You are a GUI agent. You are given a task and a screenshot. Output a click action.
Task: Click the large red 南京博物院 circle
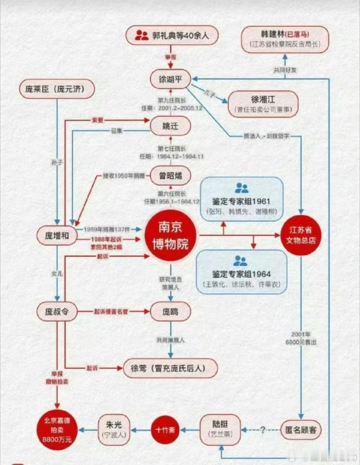(170, 236)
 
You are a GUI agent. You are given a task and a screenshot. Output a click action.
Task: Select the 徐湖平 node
(170, 79)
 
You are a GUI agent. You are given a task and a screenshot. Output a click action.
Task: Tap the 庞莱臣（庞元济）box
(57, 89)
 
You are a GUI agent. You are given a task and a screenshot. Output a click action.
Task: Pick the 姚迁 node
(170, 126)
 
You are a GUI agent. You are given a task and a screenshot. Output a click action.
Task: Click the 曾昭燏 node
(170, 176)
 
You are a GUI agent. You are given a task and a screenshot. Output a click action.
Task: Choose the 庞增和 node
(57, 236)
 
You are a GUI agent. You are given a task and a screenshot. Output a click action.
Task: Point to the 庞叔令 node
(57, 312)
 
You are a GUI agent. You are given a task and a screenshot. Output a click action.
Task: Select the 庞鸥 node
(170, 312)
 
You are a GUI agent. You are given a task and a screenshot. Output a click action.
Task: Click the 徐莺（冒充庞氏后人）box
(170, 368)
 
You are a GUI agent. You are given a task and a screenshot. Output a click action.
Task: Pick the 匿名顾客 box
(301, 430)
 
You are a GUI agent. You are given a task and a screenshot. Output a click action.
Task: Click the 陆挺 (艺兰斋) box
(220, 429)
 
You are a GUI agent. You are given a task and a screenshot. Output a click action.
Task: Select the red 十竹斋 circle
(165, 430)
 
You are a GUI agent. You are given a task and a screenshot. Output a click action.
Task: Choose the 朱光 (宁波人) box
(114, 429)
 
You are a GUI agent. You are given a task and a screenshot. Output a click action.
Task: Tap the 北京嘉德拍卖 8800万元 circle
(57, 430)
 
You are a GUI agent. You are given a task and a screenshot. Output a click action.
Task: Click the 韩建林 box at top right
(285, 39)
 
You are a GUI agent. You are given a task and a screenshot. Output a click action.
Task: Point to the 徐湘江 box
(263, 104)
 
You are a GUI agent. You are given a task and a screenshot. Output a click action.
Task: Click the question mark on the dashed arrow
(262, 430)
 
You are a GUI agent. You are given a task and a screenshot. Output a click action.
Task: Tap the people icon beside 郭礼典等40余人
(142, 35)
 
